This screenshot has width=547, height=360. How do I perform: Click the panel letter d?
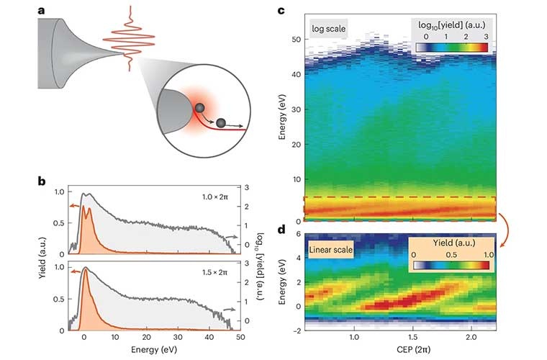pyautogui.click(x=281, y=230)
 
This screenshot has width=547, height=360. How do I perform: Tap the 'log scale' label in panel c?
pyautogui.click(x=328, y=30)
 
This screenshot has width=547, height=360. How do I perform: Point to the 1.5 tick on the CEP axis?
pyautogui.click(x=412, y=338)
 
